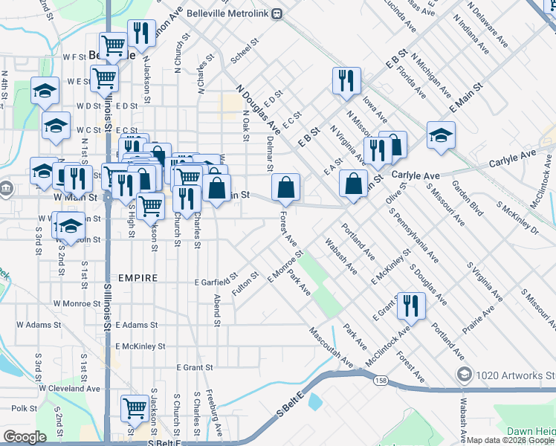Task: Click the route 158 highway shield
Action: [381, 381]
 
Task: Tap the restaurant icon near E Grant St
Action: [410, 304]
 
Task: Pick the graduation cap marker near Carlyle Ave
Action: [440, 136]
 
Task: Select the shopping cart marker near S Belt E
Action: [135, 408]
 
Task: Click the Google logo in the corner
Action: [25, 437]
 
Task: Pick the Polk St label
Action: [25, 408]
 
